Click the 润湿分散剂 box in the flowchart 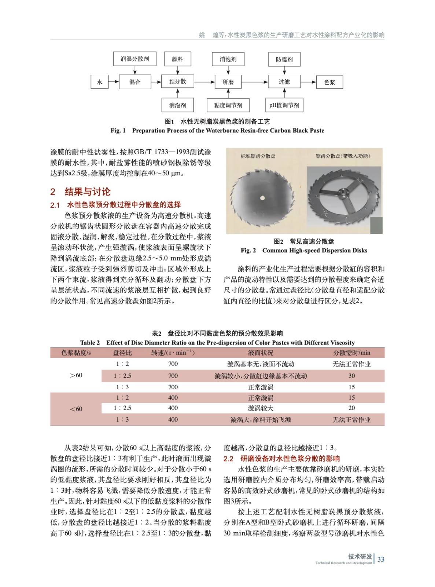pos(135,59)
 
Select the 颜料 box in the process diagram pos(177,59)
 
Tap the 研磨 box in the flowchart pos(228,82)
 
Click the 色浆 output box pos(329,82)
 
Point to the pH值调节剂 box pos(284,105)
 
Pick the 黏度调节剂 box pos(228,105)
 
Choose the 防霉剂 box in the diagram pos(284,59)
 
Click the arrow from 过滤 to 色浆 pos(308,82)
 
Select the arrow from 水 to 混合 pos(114,82)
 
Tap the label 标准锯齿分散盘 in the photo pos(258,156)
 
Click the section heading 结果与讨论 pos(87,192)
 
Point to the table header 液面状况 pos(261,353)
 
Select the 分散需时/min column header pos(351,353)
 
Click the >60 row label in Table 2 pos(76,375)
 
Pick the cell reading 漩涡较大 pos(261,408)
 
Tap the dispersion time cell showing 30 pos(351,376)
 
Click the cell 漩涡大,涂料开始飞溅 pos(261,419)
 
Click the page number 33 pos(381,559)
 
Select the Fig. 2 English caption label pos(248,251)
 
